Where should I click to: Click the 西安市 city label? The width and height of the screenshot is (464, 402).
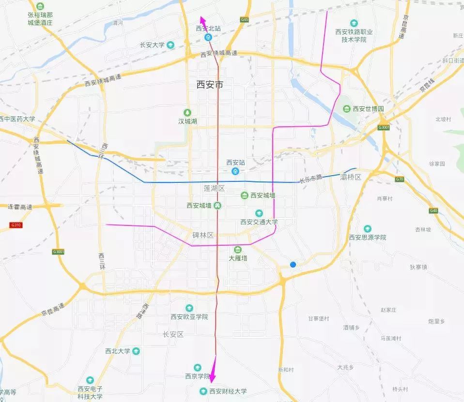point(210,84)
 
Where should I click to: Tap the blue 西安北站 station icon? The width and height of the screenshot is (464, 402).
point(208,37)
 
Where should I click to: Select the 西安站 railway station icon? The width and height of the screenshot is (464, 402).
point(235,171)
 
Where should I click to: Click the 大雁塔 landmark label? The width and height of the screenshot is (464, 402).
point(238,258)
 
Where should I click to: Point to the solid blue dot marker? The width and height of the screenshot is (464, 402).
point(293,264)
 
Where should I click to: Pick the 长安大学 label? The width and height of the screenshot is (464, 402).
point(152,45)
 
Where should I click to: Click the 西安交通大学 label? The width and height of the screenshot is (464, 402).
point(259,222)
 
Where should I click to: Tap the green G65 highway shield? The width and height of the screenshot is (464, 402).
point(244,20)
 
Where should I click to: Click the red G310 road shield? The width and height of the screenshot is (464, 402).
point(16,225)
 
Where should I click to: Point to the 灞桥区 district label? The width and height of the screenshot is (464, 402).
point(351,177)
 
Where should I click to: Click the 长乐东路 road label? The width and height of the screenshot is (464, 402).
point(310,179)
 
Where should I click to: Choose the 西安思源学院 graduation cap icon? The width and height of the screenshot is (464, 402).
point(367,228)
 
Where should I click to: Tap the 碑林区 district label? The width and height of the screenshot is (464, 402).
point(203,235)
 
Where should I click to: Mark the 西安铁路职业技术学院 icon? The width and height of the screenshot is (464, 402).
point(354,23)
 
